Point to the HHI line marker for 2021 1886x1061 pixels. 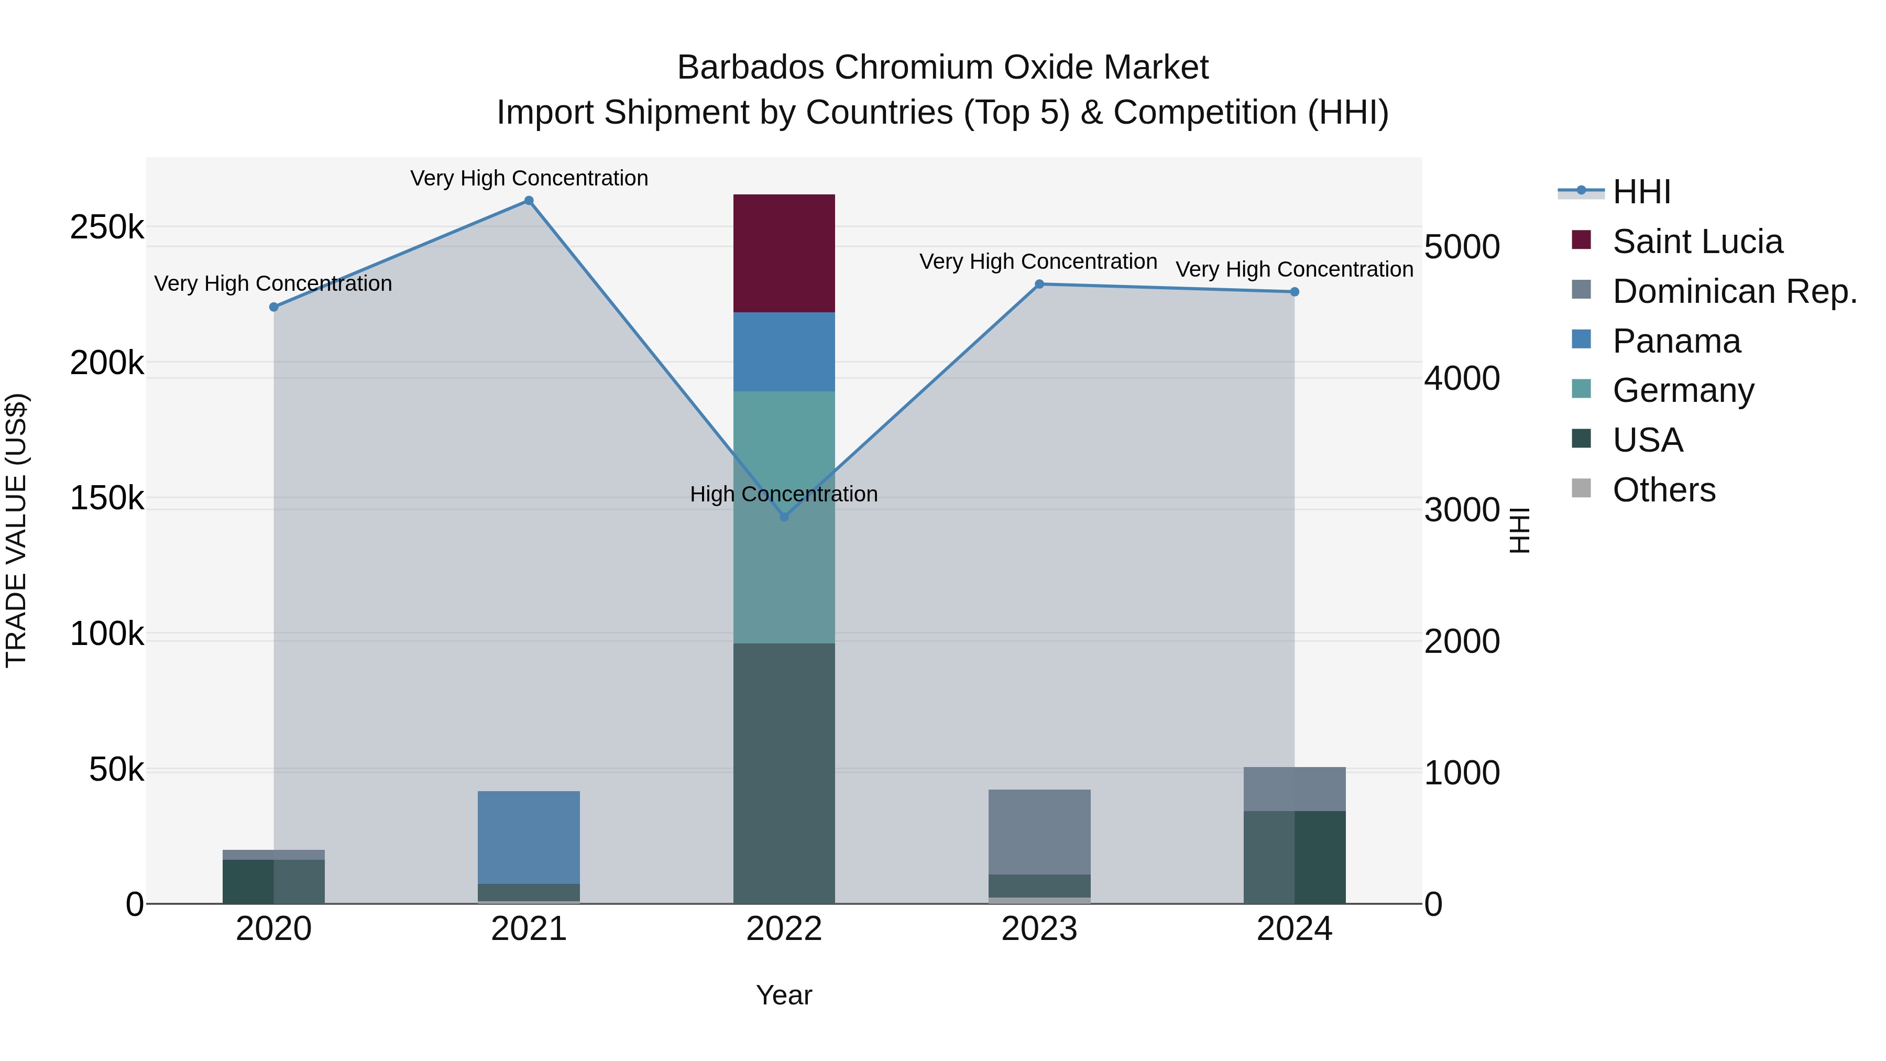tap(529, 201)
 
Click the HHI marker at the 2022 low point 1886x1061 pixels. tap(784, 516)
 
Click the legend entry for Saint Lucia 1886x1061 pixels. tap(1697, 242)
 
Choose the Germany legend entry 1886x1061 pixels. tap(1682, 390)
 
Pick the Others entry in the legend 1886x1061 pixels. tap(1663, 490)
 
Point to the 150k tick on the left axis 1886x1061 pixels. tap(107, 499)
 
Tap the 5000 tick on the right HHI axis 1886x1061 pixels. tap(1461, 247)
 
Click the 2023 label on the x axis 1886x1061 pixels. tap(1039, 929)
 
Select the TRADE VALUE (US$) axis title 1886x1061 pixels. tap(16, 530)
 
